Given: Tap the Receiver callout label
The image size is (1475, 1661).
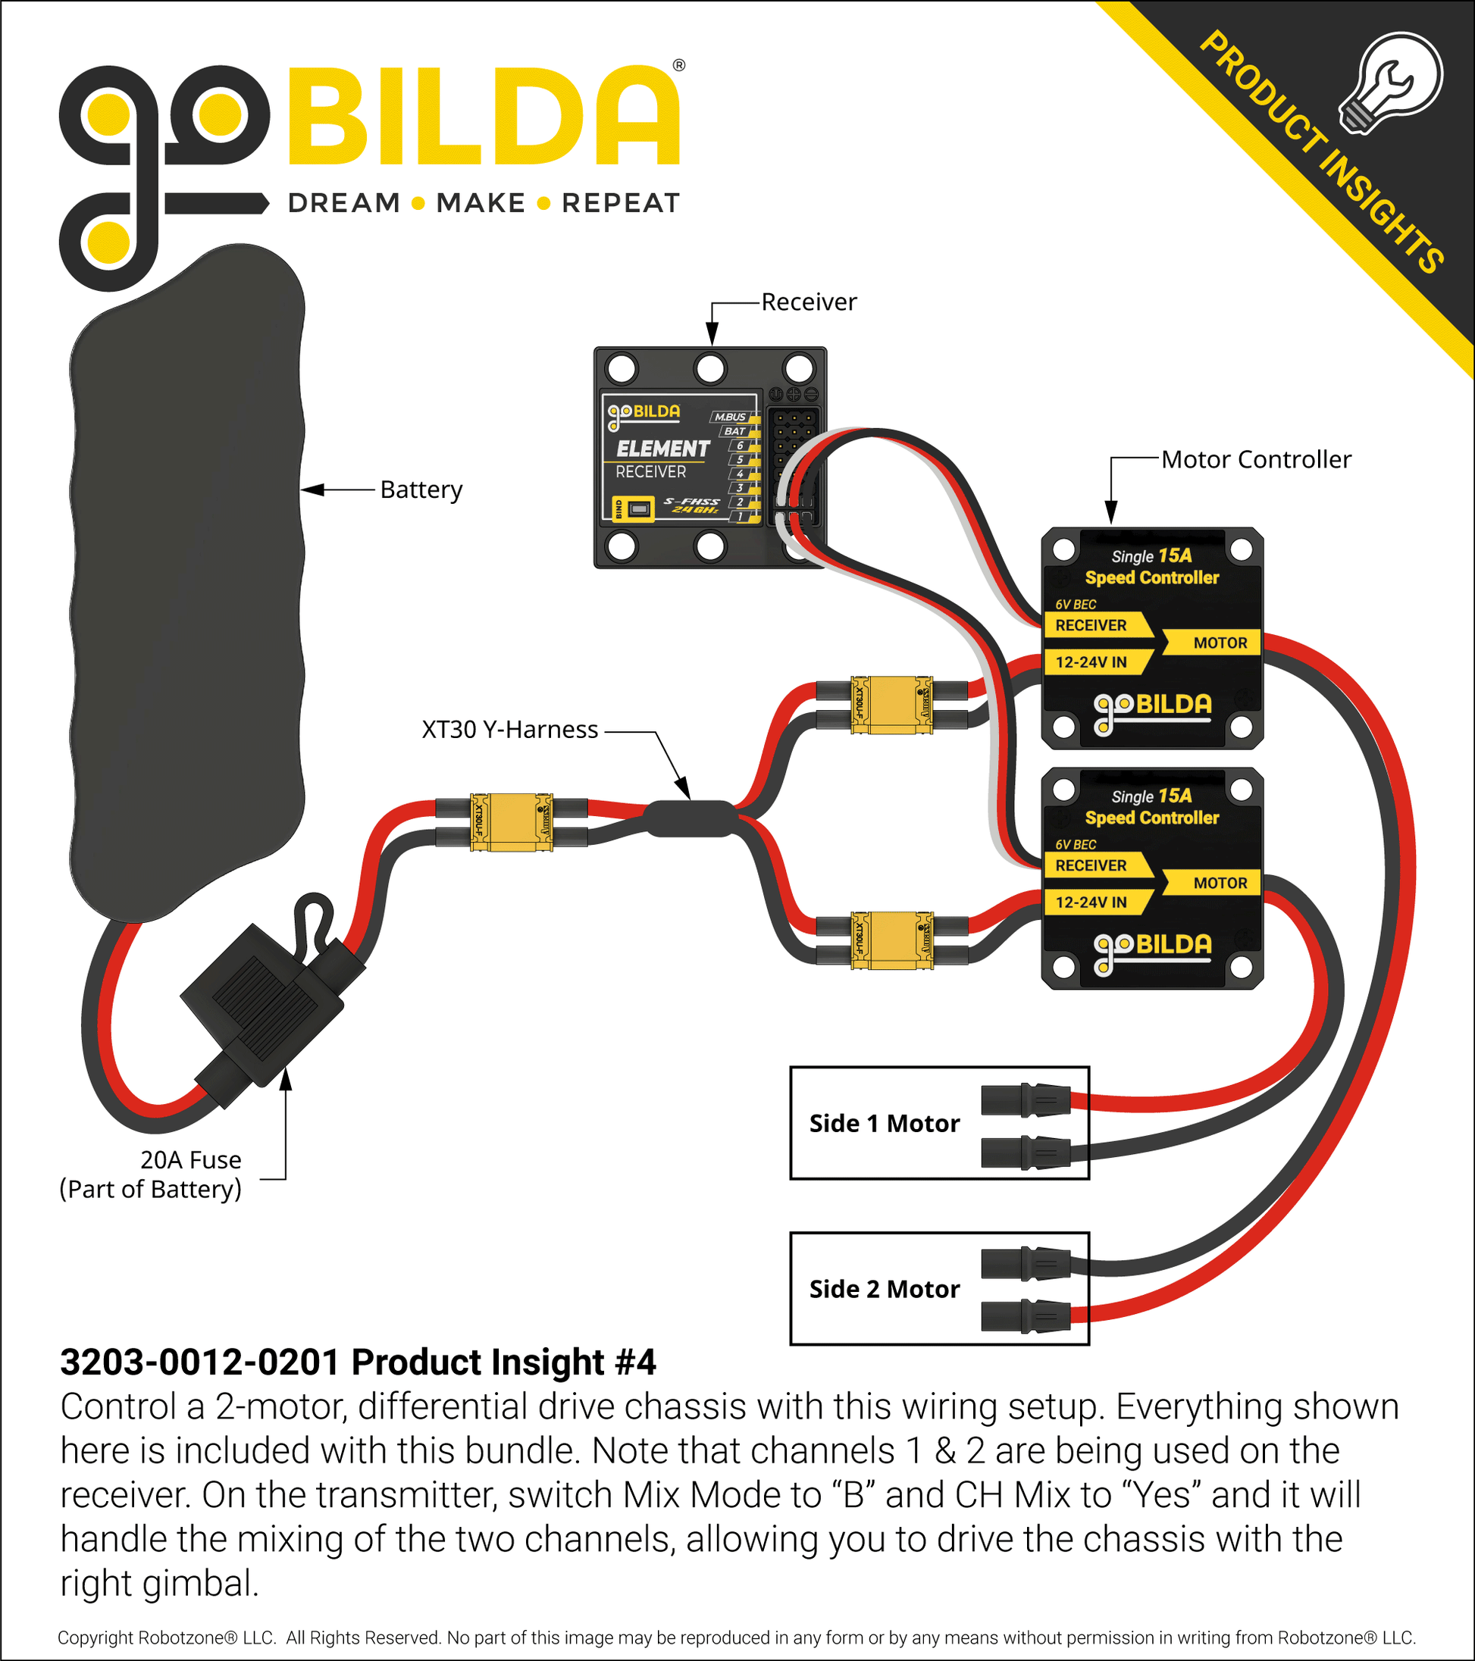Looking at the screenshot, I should [809, 302].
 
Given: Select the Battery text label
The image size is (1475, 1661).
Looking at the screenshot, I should [421, 490].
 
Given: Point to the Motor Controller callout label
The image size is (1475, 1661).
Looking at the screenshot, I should [1256, 460].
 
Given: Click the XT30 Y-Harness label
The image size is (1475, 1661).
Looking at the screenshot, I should [509, 730].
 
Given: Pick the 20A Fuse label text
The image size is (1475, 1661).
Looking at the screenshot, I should [190, 1159].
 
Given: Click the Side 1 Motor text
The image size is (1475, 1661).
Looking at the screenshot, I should [885, 1124].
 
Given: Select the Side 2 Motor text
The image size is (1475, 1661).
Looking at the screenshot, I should [885, 1290].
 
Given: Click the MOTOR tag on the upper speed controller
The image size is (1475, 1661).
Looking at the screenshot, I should [1219, 643].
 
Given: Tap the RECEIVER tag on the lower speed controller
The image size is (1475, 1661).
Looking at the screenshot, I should [1091, 865].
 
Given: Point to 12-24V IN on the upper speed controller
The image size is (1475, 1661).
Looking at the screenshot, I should [1091, 662].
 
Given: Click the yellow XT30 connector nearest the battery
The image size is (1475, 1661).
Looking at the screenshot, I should [511, 822].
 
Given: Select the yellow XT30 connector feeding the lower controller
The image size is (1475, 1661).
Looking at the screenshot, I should [891, 940].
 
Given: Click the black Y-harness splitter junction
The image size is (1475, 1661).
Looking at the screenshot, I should [689, 818].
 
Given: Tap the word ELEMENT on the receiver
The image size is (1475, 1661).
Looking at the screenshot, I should [662, 449].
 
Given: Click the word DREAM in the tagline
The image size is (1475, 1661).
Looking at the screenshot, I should [344, 203].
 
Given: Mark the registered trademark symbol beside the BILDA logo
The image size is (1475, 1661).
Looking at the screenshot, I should [678, 66].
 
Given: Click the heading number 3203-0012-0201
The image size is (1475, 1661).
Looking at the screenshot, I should [199, 1362].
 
